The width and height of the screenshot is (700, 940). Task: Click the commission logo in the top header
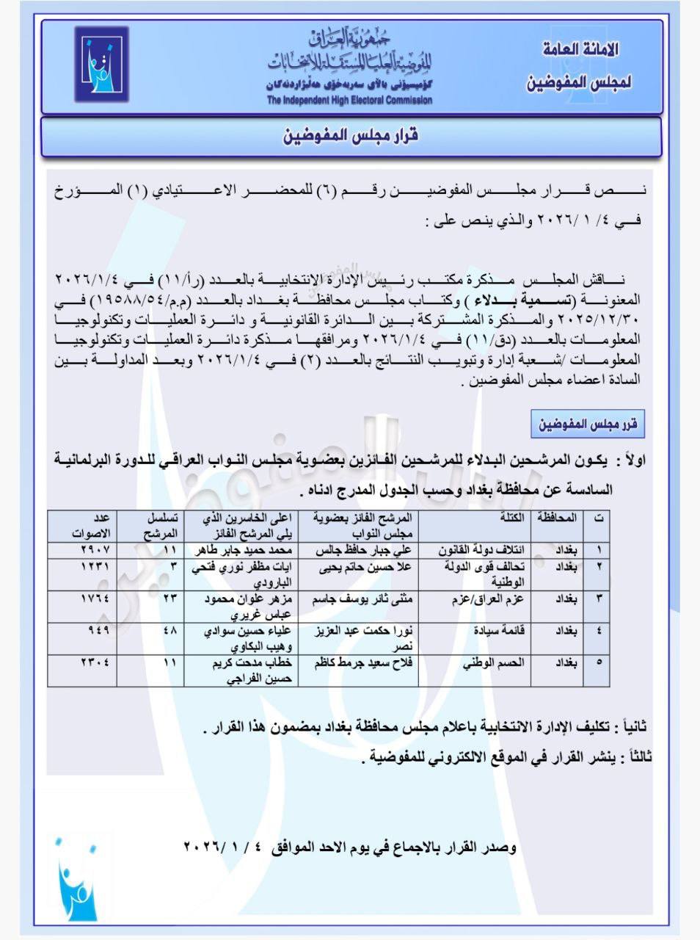point(101,64)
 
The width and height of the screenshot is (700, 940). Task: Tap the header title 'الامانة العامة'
point(580,50)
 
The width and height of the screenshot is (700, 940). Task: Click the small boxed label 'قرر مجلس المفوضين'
point(588,424)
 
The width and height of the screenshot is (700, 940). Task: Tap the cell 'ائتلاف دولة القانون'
point(481,550)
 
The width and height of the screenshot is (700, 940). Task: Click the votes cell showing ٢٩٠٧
point(94,550)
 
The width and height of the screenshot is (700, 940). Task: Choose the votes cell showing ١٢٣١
point(94,568)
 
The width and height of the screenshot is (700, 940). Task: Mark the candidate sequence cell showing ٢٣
point(169,599)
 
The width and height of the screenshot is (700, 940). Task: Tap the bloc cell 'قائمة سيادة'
point(503,631)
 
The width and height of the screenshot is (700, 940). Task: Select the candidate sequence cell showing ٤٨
point(169,631)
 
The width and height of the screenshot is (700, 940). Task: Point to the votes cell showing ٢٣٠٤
point(94,663)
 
